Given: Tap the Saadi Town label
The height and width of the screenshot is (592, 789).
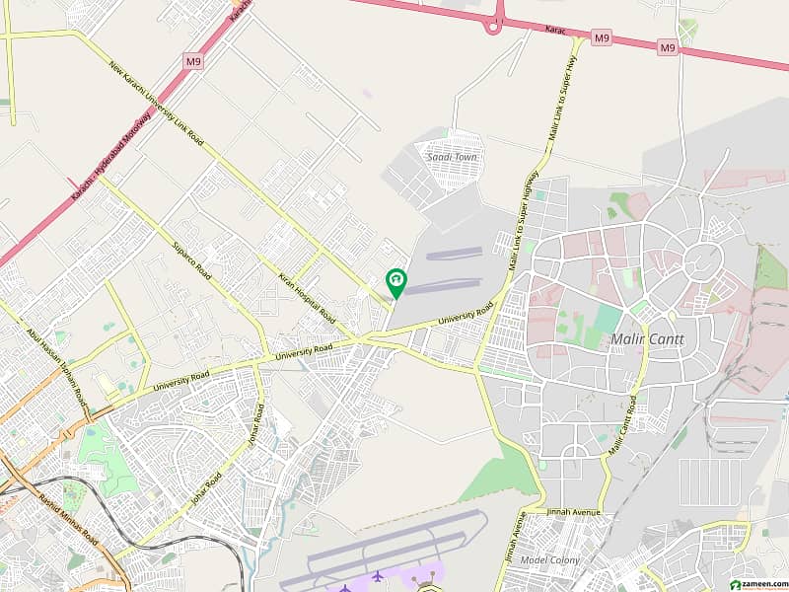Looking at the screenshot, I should click(x=453, y=157).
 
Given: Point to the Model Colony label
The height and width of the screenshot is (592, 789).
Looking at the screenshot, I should click(x=551, y=560).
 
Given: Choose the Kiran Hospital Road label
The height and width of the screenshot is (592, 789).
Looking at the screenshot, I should click(x=307, y=300).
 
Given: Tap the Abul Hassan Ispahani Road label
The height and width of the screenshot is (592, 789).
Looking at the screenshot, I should click(x=56, y=363).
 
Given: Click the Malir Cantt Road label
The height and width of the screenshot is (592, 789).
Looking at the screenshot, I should click(x=621, y=426).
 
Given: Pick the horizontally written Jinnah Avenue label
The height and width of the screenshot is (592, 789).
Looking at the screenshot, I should click(x=581, y=513).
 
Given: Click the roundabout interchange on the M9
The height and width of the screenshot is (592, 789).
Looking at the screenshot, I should click(x=492, y=28).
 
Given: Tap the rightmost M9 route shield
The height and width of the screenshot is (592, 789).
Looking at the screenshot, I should click(x=668, y=46).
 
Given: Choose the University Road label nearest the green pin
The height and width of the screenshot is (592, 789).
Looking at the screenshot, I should click(x=466, y=318).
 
